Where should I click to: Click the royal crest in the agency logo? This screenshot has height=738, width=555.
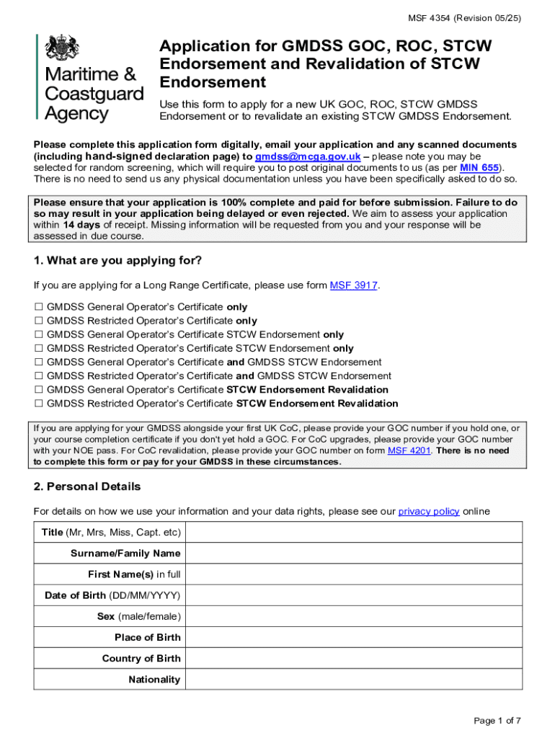pos(63,48)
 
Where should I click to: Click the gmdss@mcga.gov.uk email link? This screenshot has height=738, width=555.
pos(308,156)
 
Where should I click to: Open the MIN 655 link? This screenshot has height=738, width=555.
pos(479,167)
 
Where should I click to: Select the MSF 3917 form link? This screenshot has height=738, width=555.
pos(353,285)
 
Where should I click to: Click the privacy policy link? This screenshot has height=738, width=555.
pos(429,511)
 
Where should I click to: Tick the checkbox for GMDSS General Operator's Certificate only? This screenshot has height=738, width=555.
pos(39,307)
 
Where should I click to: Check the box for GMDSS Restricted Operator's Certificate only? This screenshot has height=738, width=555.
pos(39,321)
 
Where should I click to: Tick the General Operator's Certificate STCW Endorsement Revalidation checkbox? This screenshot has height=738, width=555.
pos(39,390)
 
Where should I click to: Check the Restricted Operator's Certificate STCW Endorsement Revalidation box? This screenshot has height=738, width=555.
pos(39,404)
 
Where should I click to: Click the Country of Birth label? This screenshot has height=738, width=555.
pos(141,658)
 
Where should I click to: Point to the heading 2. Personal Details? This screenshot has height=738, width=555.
pos(87,486)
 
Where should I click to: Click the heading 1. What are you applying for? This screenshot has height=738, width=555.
pos(117,260)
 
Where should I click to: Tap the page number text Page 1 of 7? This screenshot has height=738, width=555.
pos(497,721)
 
